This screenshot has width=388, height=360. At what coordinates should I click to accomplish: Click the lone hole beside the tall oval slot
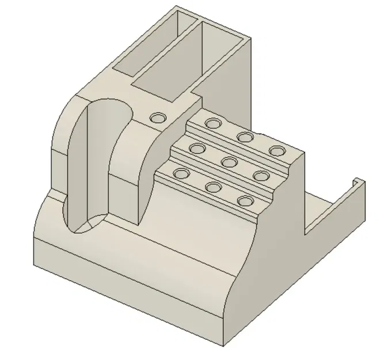coord(157,118)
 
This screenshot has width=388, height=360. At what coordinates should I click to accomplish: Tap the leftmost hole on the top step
coord(213,123)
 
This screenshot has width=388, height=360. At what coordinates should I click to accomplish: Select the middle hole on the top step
coord(246,137)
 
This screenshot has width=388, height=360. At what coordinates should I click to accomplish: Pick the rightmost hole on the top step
coord(278,151)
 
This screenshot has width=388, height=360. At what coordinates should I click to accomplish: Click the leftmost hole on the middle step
coord(197,149)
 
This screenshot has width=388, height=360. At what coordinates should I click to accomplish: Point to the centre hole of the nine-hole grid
coord(229,162)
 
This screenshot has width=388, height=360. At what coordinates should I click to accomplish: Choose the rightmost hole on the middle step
coord(262,176)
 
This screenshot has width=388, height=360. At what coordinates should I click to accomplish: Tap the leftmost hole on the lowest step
coord(181,173)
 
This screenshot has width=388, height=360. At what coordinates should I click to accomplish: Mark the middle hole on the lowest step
coord(214,187)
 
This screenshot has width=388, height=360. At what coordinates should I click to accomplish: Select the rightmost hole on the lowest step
coord(246,201)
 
